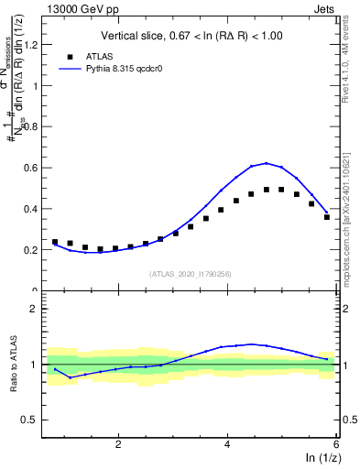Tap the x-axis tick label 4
[x=227, y=444]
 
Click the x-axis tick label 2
[x=118, y=444]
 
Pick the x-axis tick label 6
[x=335, y=444]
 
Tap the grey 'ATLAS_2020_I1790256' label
[x=190, y=274]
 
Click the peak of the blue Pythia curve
[x=266, y=163]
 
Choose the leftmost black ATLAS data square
[x=54, y=242]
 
